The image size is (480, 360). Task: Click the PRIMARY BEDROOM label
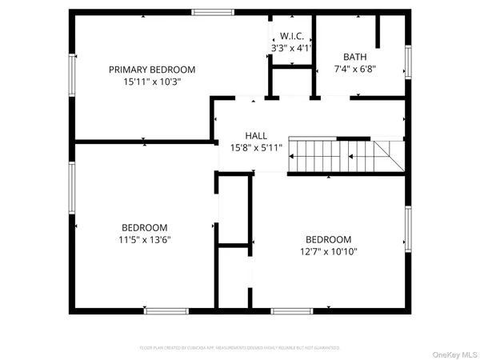tap(152, 70)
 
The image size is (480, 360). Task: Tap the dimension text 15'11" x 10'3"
tap(152, 82)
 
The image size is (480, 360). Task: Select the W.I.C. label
tap(289, 36)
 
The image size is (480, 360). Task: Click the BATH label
tap(354, 57)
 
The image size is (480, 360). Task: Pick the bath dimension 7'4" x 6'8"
tap(354, 69)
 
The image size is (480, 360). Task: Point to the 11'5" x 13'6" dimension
tap(146, 238)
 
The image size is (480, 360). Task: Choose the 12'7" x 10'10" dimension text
tap(328, 251)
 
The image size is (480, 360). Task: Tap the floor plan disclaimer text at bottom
tap(240, 348)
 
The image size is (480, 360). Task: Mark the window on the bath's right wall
tap(408, 63)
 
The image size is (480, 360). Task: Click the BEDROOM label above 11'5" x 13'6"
tap(145, 226)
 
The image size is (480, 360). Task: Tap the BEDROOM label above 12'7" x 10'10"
tap(328, 239)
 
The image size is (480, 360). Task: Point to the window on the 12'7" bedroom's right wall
tap(408, 229)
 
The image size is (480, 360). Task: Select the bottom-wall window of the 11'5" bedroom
tap(166, 310)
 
